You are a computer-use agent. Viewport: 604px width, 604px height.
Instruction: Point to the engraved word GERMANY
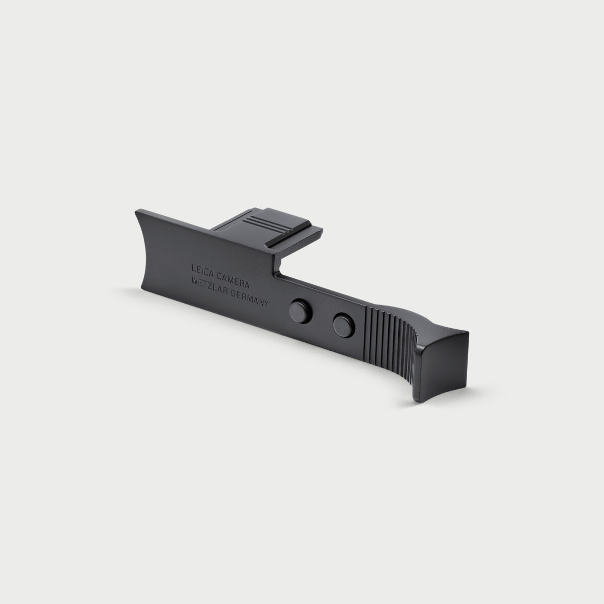(x=250, y=295)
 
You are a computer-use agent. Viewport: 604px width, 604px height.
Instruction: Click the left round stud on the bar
(x=300, y=310)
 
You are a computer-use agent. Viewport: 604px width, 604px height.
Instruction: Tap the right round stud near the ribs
(x=344, y=326)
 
